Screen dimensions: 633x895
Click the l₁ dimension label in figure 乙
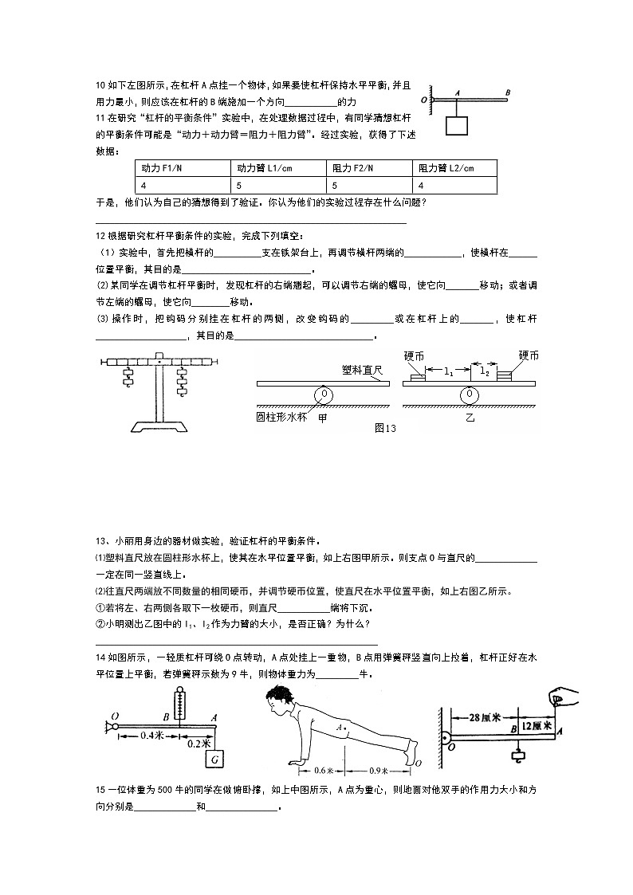[x=448, y=371]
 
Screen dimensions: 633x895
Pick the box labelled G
[x=214, y=760]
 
